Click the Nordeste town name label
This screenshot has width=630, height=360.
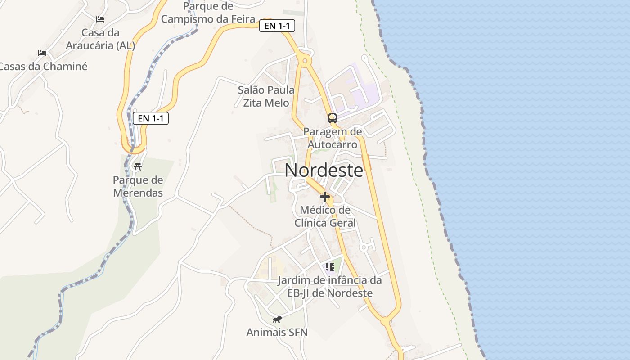pos(324,171)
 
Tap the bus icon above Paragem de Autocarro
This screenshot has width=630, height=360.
pos(333,118)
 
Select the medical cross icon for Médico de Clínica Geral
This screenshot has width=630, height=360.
pos(325,197)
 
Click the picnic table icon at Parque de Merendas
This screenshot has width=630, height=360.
pos(138,166)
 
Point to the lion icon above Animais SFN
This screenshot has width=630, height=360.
pos(277,319)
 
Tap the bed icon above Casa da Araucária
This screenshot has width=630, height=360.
pos(100,19)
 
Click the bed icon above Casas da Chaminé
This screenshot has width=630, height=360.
pos(42,53)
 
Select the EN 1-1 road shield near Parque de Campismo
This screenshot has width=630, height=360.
pos(277,26)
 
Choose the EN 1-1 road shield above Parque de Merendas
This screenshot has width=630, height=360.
pos(150,119)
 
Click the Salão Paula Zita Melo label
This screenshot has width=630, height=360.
pos(266,96)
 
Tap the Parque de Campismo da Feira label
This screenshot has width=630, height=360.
pos(208,13)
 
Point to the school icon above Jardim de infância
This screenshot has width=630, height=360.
pos(330,267)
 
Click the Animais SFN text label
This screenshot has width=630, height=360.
pos(277,333)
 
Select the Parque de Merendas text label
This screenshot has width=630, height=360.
pos(138,186)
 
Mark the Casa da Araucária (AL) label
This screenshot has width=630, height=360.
pos(100,39)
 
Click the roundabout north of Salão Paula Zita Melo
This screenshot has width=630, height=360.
pos(305,60)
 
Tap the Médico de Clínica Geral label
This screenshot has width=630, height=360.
pos(325,216)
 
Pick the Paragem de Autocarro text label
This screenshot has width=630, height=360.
pos(333,138)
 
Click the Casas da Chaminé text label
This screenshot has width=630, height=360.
pos(43,67)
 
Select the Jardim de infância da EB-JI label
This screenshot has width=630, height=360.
pos(329,287)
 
